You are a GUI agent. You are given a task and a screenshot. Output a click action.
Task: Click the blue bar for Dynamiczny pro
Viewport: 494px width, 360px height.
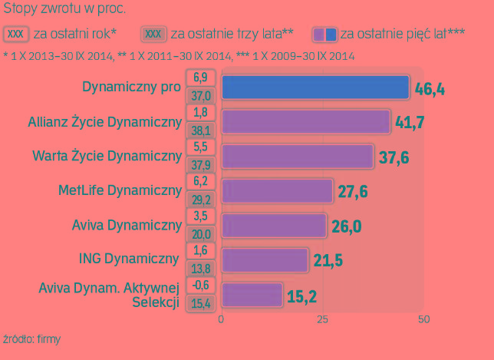(x=315, y=88)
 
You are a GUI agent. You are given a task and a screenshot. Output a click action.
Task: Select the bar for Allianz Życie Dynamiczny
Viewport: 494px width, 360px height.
(x=306, y=121)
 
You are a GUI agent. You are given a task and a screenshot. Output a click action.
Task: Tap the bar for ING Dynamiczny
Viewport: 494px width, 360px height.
(x=265, y=259)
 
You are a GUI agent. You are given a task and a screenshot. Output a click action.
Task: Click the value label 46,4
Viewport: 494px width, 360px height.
(x=430, y=89)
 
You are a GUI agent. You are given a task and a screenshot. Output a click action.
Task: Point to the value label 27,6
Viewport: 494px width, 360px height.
(x=352, y=191)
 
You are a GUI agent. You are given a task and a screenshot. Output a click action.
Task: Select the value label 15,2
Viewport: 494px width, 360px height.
(x=302, y=296)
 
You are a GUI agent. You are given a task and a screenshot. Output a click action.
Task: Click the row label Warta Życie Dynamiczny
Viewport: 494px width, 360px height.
(x=107, y=157)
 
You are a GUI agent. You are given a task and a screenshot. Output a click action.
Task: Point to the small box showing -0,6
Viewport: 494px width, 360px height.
(x=201, y=285)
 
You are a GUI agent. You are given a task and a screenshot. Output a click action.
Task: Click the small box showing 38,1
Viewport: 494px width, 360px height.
(x=201, y=130)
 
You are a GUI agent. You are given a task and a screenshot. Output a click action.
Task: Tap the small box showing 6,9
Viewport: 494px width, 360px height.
(x=201, y=77)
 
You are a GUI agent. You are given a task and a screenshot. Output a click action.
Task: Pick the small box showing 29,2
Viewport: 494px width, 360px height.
(x=201, y=199)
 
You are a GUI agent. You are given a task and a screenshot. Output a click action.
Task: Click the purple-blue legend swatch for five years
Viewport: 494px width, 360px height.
(x=324, y=35)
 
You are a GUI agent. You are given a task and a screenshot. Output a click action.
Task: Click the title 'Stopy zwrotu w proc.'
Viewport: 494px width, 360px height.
(x=64, y=10)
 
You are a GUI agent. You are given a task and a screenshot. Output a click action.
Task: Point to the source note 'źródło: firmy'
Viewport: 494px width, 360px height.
(x=31, y=339)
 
